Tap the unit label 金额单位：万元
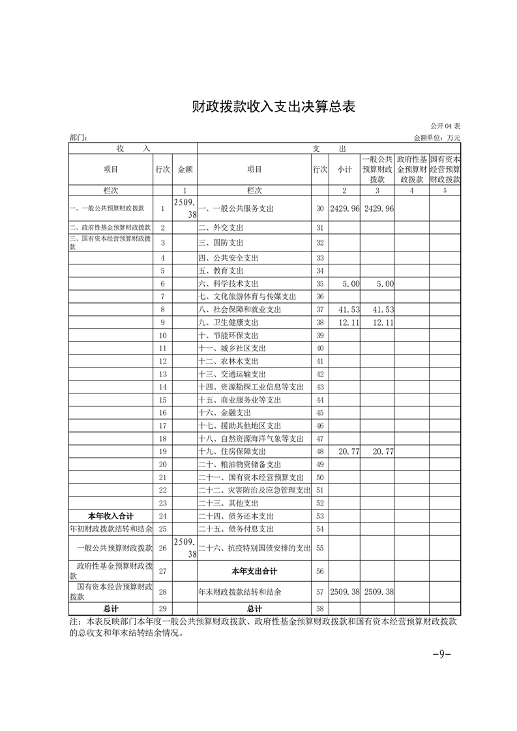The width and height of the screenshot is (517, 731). point(436,138)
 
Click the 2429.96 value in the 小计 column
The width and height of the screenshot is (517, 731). point(345,209)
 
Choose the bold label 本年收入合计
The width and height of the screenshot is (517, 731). point(111,516)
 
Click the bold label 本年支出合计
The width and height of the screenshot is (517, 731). point(254,571)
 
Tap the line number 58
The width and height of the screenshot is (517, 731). point(319,609)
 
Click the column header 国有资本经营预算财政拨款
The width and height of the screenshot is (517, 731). point(445,169)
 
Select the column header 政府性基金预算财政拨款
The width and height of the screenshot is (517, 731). point(412,169)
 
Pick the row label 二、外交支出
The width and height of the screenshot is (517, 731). point(216,228)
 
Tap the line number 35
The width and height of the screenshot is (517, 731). point(319,284)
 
